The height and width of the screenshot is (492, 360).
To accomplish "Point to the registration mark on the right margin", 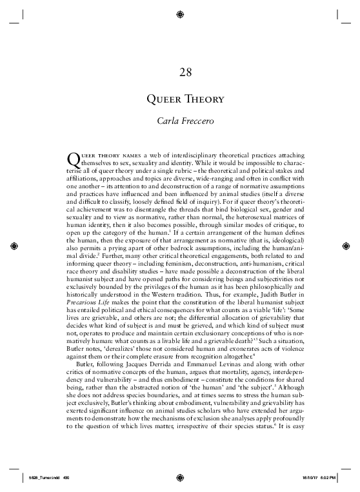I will pyautogui.click(x=346, y=246).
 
